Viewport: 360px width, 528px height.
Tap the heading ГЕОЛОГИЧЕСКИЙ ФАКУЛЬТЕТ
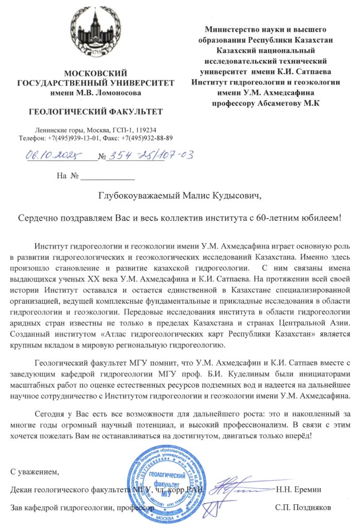pos(95,111)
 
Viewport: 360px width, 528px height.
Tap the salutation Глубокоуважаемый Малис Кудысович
pos(180,196)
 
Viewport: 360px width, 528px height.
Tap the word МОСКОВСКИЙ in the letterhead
pos(94,73)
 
